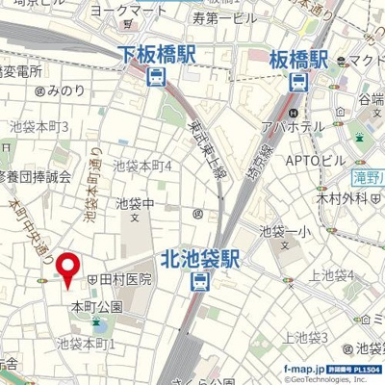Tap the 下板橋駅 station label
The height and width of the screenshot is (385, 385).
157,56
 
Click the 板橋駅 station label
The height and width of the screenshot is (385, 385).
299,56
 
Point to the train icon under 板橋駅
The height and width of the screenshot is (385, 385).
299,81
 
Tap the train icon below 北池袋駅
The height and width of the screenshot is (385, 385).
198,282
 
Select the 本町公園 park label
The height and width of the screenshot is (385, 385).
95,306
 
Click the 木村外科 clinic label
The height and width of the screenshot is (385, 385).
340,197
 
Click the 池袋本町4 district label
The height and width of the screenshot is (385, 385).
142,166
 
